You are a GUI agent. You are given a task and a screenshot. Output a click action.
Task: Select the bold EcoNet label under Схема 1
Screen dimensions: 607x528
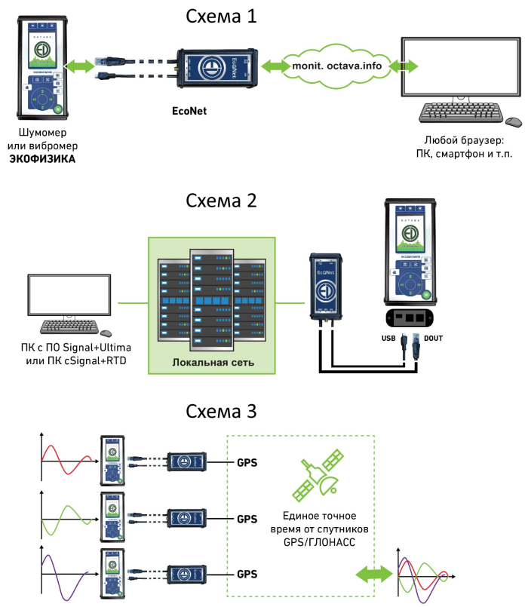[189, 111]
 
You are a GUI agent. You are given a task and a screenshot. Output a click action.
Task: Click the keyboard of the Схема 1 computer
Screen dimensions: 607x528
[460, 112]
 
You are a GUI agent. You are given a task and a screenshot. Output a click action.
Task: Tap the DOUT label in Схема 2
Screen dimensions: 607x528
[434, 339]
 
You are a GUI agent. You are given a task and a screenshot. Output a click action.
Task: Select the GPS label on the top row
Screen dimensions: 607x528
[247, 461]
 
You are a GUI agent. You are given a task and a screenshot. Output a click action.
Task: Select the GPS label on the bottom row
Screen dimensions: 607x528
[247, 575]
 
